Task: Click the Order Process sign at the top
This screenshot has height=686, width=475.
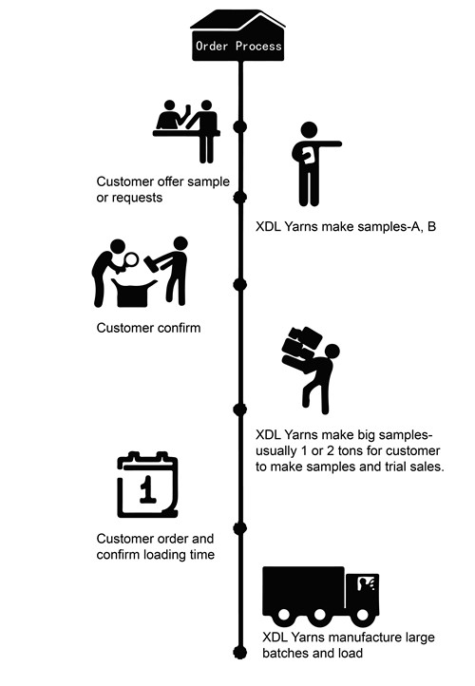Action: [237, 45]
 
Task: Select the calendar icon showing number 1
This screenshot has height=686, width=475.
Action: [147, 485]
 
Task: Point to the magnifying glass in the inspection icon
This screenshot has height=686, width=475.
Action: [130, 259]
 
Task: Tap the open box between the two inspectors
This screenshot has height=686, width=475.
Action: [133, 293]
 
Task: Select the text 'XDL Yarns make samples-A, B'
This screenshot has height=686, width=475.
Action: [346, 227]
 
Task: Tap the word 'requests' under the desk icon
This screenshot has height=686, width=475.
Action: [135, 199]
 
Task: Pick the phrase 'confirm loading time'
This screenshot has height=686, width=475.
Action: [155, 554]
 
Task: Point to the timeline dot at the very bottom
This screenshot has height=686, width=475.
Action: [239, 653]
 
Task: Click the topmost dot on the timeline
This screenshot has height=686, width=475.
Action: [239, 127]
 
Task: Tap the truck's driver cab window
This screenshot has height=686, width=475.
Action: [366, 584]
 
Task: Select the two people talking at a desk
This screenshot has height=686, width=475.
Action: [187, 131]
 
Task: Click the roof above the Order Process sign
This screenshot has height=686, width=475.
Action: [237, 20]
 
